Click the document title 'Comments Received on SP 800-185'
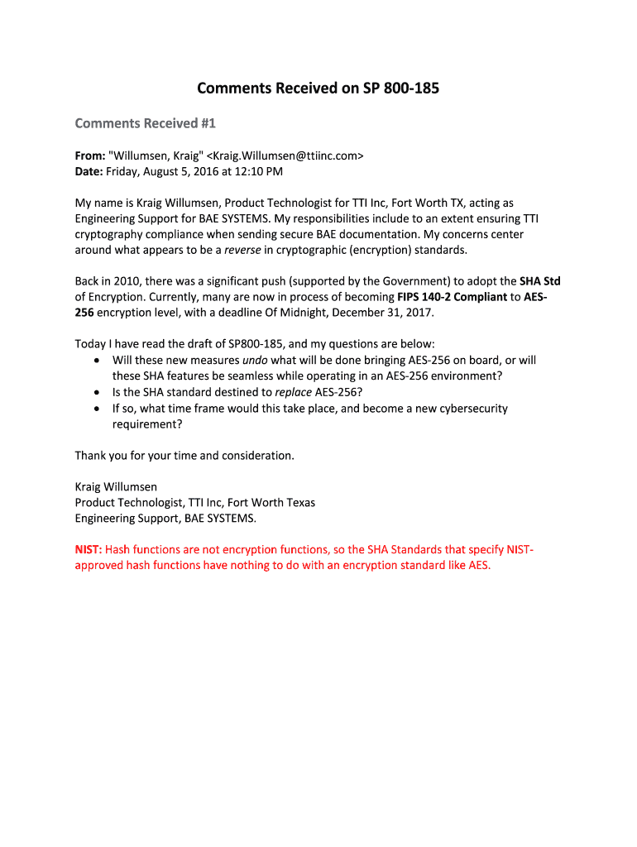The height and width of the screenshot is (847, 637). point(318,88)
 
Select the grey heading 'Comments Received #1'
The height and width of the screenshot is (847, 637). point(145,123)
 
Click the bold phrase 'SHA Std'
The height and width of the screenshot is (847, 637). point(539,281)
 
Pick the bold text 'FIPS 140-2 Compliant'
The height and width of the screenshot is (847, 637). point(452,297)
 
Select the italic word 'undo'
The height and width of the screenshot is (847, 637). point(254,360)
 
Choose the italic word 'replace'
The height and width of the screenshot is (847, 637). point(294,392)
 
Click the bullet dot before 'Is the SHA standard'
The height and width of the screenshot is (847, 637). point(98,392)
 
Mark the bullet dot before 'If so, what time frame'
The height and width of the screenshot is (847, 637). point(98,408)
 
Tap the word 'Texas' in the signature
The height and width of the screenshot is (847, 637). point(297,502)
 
